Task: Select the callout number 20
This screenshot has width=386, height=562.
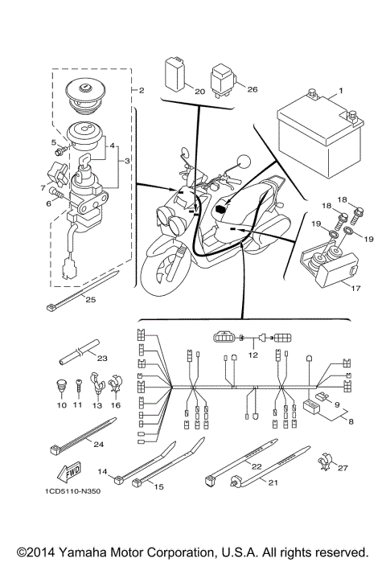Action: [199, 92]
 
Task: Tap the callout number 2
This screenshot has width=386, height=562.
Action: [141, 91]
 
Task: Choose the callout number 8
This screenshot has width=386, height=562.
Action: [347, 418]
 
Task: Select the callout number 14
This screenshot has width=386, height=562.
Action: [102, 470]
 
